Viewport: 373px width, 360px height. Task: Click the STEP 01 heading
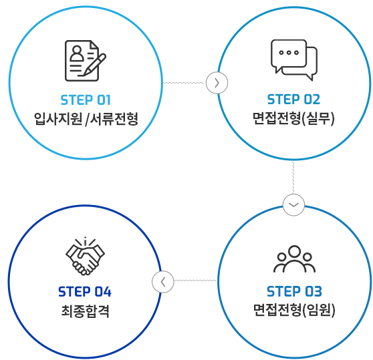[86, 100]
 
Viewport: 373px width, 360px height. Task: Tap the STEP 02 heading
[293, 100]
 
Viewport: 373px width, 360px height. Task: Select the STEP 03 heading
[294, 291]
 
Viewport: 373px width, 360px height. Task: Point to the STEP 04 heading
[85, 292]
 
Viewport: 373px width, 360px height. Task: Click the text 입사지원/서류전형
[86, 119]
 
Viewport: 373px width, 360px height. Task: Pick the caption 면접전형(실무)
[293, 118]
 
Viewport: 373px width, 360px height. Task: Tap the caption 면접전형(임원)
[294, 310]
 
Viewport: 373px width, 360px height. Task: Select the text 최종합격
[85, 311]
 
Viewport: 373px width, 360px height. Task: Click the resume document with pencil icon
[86, 61]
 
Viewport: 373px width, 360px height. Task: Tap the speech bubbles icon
[294, 60]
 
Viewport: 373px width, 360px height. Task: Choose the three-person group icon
[294, 259]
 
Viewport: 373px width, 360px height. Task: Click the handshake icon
[85, 256]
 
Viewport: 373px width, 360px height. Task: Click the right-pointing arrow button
[217, 83]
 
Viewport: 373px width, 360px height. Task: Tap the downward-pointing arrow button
[293, 205]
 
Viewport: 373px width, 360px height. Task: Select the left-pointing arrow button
[163, 282]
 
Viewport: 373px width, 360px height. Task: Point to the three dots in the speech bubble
[289, 53]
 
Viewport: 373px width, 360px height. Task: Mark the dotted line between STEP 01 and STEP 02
[183, 83]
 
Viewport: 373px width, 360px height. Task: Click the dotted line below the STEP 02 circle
[293, 177]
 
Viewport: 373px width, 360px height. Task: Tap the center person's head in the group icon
[294, 251]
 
